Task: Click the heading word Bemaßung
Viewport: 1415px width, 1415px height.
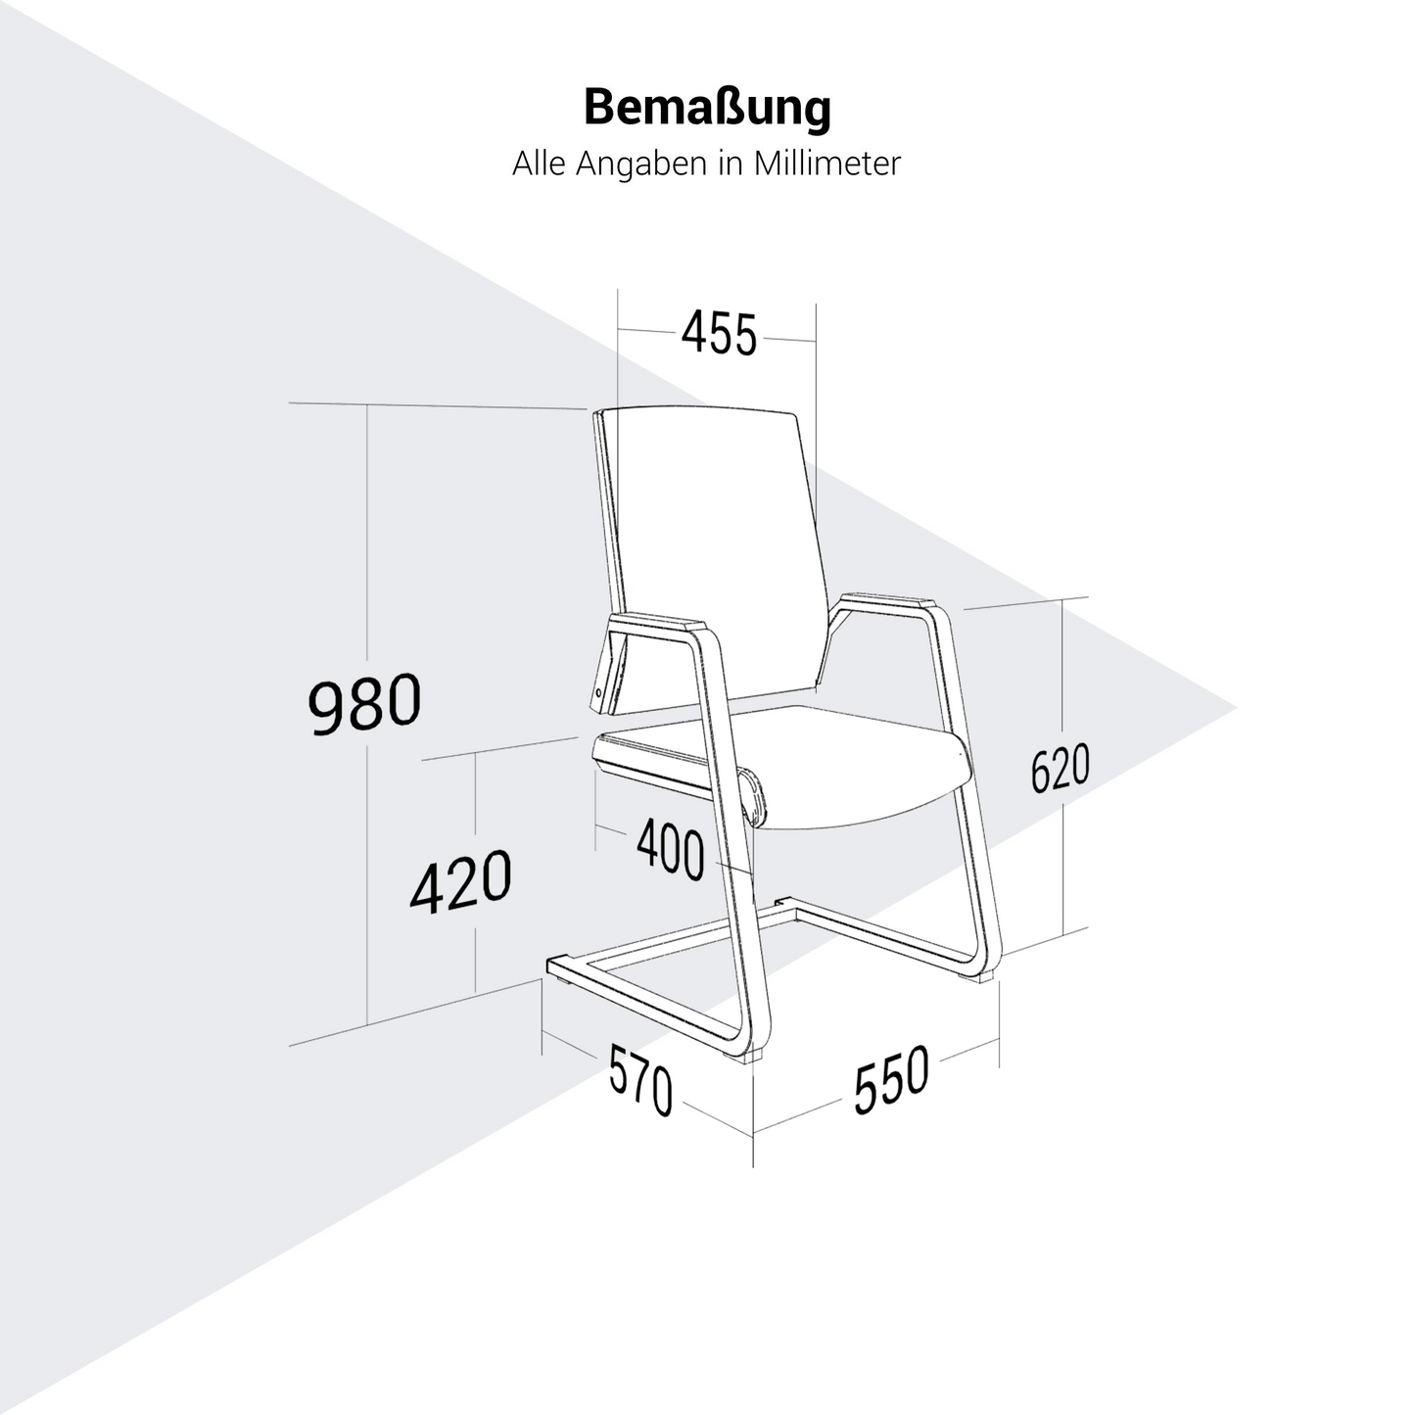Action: click(x=707, y=109)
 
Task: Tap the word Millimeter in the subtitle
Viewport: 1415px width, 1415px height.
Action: click(x=826, y=164)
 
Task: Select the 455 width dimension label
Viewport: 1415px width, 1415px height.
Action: click(x=718, y=334)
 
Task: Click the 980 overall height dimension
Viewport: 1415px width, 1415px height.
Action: click(x=364, y=703)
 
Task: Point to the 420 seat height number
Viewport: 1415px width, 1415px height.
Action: click(x=460, y=881)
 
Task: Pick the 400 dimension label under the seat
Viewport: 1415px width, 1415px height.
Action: click(x=670, y=849)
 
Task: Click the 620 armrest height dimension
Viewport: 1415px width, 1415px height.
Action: click(x=1060, y=768)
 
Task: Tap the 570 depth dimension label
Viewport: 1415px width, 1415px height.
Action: click(x=640, y=1080)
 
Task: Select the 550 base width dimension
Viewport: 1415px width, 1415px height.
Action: click(x=891, y=1080)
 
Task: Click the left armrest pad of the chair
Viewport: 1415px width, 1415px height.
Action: click(x=655, y=631)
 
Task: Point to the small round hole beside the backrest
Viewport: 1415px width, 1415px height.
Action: click(x=598, y=691)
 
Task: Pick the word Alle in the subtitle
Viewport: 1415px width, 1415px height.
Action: click(x=539, y=164)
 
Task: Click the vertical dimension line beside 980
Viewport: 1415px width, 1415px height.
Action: click(x=366, y=715)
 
